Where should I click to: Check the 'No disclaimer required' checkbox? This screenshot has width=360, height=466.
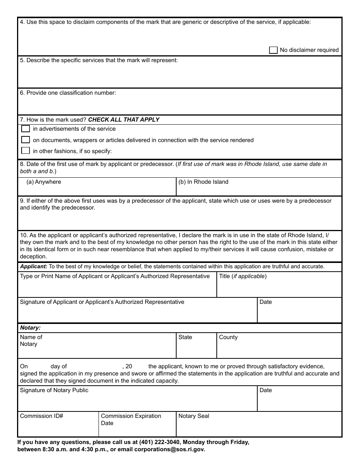click(273, 50)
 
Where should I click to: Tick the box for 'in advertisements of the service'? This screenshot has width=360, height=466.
click(25, 129)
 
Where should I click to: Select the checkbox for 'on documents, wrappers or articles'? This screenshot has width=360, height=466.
click(25, 140)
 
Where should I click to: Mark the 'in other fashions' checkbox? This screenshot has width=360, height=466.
click(25, 151)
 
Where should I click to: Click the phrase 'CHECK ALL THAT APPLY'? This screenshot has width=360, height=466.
click(124, 120)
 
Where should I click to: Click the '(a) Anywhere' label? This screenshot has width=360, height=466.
click(44, 182)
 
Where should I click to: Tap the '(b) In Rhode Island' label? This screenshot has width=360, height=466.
click(203, 182)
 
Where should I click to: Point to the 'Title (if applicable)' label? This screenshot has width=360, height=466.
click(243, 276)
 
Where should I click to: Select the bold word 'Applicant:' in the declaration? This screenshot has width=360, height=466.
click(34, 266)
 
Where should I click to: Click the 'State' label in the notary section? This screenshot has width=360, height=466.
click(185, 337)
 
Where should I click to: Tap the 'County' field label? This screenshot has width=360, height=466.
click(228, 337)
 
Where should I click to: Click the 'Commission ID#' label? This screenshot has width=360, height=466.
click(41, 416)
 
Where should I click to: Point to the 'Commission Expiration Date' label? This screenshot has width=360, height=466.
click(131, 419)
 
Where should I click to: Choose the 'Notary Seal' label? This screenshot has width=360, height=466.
click(194, 416)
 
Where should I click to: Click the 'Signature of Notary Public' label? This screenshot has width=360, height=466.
click(54, 390)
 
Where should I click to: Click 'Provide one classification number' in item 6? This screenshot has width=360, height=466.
click(71, 93)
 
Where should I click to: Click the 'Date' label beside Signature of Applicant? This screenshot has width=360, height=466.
click(266, 302)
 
